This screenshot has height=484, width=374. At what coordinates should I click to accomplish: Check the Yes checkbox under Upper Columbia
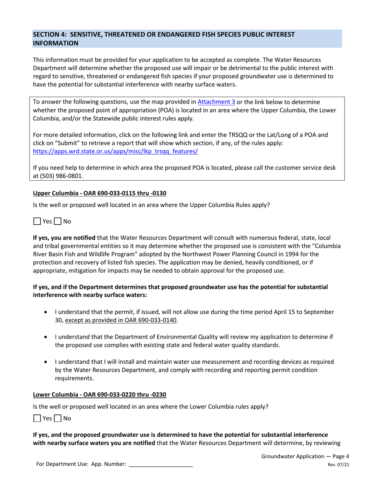37,221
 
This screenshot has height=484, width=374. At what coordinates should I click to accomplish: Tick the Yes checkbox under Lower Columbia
37,418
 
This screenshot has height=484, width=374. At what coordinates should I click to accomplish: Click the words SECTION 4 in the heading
51,35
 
